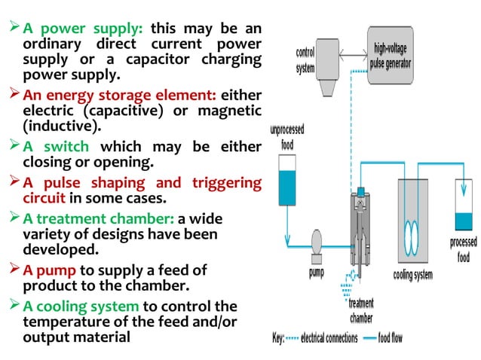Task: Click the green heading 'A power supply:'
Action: pyautogui.click(x=83, y=29)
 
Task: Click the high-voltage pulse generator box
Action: pyautogui.click(x=391, y=55)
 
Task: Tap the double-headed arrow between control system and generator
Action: pyautogui.click(x=352, y=54)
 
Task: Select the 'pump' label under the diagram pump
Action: pyautogui.click(x=317, y=272)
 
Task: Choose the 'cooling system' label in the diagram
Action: pyautogui.click(x=412, y=275)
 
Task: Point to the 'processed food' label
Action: pyautogui.click(x=463, y=249)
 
